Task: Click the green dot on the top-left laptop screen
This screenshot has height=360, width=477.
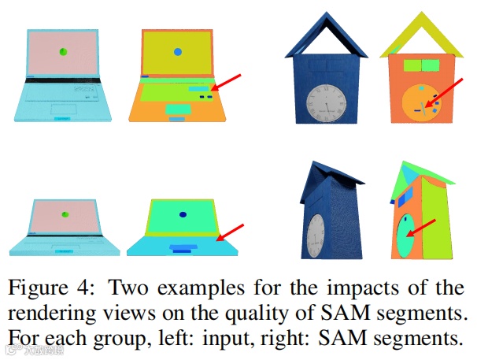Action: point(63,52)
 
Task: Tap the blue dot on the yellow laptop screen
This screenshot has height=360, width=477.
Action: point(178,52)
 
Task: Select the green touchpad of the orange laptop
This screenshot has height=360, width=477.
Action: point(177,108)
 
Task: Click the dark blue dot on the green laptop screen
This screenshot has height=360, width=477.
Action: point(183,214)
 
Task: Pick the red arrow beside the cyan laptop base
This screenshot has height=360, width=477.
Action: point(230,232)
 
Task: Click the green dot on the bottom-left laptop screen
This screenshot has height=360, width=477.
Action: point(63,213)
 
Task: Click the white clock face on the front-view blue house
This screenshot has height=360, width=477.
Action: point(324,104)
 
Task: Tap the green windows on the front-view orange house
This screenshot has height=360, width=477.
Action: point(419,65)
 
